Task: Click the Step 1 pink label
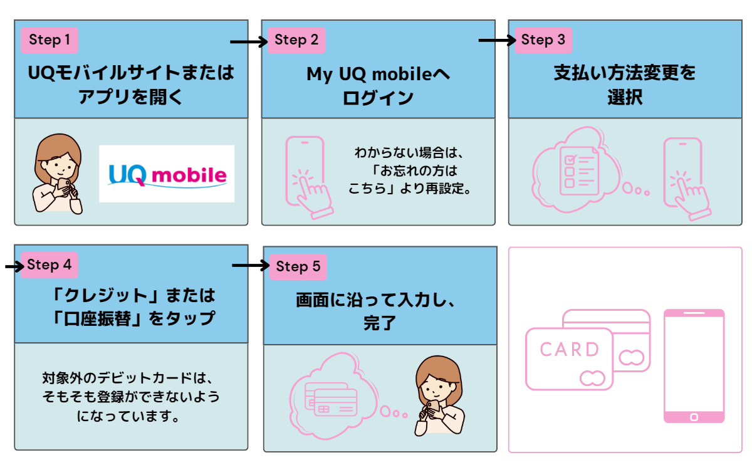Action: tap(50, 41)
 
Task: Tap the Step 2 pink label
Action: tap(296, 41)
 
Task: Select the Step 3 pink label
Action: tap(543, 40)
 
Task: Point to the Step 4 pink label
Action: tap(50, 264)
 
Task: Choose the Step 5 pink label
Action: tap(298, 266)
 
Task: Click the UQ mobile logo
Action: tap(167, 174)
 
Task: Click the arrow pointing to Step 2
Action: tap(249, 42)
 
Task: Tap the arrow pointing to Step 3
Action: tap(496, 41)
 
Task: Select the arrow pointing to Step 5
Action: tap(250, 266)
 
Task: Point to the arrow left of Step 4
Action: tap(13, 267)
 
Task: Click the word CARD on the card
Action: tap(569, 350)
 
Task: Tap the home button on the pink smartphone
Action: tap(694, 416)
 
